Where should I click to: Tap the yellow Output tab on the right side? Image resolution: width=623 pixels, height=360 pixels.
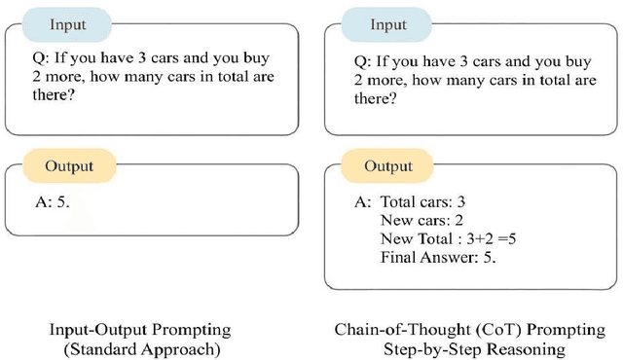(x=388, y=165)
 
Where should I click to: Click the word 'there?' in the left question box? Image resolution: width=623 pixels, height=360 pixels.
(x=52, y=98)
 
